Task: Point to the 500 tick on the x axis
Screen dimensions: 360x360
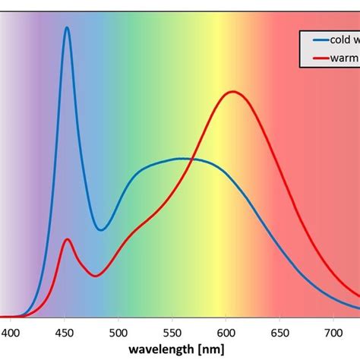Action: (118, 333)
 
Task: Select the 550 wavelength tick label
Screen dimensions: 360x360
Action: (172, 333)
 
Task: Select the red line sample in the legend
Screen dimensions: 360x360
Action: (318, 58)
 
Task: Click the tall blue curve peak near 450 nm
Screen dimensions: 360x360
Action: (67, 27)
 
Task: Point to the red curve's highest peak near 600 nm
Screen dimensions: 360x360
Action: (232, 92)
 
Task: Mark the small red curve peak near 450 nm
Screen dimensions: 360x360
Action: (68, 239)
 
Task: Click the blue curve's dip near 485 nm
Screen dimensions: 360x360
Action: (102, 229)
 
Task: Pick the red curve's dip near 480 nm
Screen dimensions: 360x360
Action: (93, 276)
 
